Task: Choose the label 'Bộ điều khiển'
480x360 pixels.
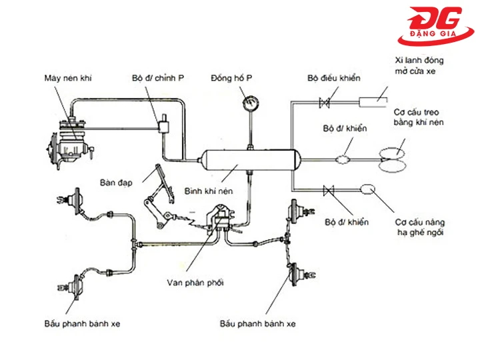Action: [x=333, y=78]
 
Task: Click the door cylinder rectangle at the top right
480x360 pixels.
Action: [x=373, y=101]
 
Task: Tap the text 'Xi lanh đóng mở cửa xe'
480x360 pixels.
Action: [x=418, y=65]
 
